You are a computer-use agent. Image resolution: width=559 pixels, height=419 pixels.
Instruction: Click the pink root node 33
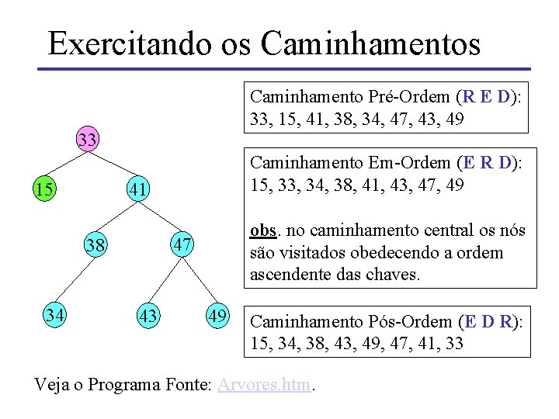(x=87, y=140)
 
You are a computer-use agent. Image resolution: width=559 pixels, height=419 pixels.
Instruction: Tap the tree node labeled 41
(x=138, y=189)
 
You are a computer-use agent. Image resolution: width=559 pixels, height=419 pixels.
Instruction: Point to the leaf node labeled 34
(x=54, y=316)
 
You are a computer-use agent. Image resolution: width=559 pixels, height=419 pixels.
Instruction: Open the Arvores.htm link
(x=263, y=384)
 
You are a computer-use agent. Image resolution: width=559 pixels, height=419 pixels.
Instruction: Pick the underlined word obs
(x=262, y=231)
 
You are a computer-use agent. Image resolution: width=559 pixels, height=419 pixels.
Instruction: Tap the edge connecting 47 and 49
(x=200, y=282)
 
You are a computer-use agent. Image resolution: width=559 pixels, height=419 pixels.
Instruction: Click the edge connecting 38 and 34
(x=75, y=281)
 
